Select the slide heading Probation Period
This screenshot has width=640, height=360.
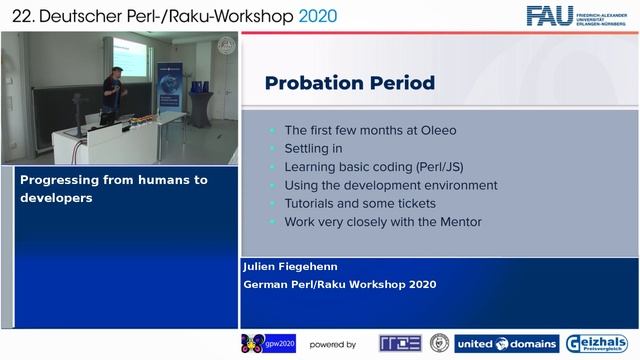(x=349, y=83)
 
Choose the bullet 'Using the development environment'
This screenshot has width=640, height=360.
(x=390, y=185)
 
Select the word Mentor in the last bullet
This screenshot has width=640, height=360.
(x=454, y=221)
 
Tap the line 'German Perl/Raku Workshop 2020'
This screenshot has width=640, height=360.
(x=340, y=284)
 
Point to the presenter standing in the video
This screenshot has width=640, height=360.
(x=118, y=95)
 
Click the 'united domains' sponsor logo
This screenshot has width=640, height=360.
(x=507, y=344)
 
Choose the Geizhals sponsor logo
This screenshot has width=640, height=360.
(x=597, y=344)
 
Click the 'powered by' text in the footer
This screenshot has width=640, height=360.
(x=332, y=345)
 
